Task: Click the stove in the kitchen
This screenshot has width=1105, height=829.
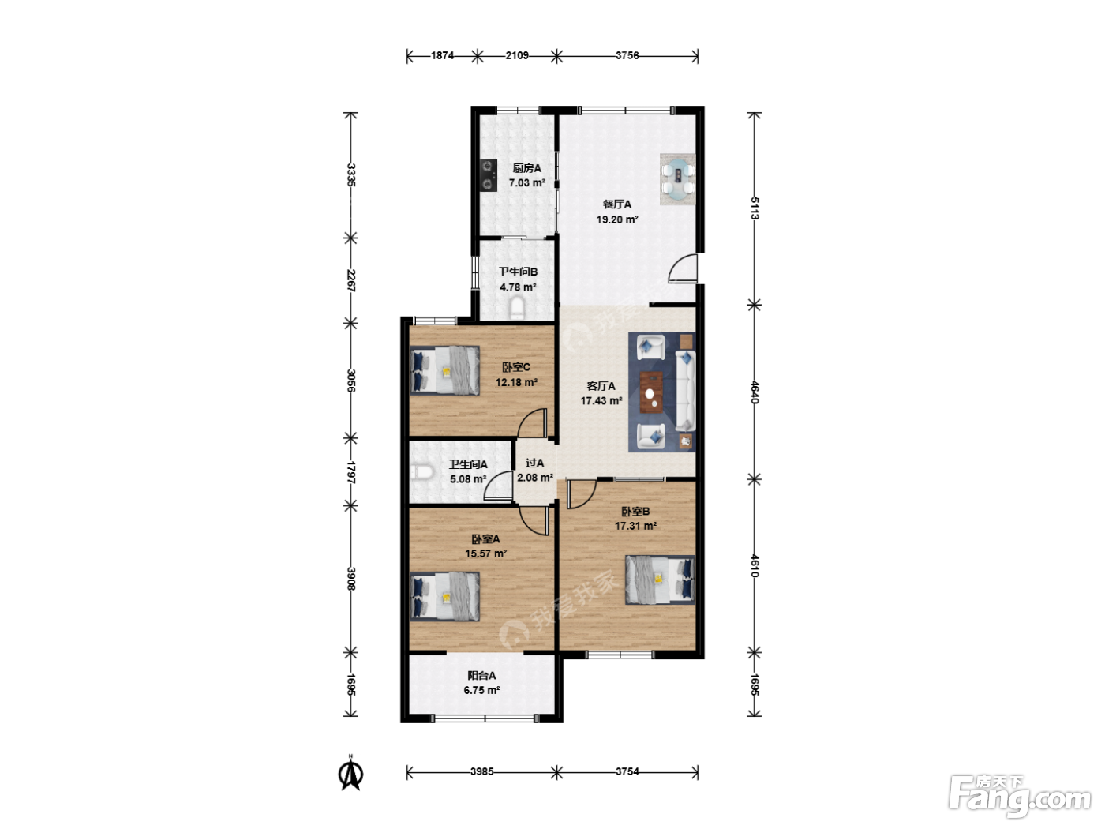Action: (488, 175)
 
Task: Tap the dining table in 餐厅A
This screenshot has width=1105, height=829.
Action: (677, 179)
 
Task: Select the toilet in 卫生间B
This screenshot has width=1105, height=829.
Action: (517, 308)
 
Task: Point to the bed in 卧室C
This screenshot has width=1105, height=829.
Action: (444, 370)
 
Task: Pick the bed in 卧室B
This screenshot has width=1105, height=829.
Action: (660, 580)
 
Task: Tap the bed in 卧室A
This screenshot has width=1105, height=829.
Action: (444, 596)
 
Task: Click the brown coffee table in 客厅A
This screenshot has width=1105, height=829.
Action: (651, 392)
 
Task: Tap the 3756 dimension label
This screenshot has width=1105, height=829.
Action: (627, 56)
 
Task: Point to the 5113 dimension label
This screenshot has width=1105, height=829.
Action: (754, 208)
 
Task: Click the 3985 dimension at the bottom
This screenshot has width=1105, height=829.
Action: (481, 771)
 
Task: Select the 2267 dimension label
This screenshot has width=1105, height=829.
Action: (351, 280)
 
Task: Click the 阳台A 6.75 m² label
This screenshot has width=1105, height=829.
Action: (481, 682)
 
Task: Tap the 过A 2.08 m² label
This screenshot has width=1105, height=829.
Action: (535, 470)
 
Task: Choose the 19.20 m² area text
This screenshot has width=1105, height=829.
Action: (617, 219)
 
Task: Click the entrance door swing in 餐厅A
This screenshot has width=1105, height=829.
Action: (684, 268)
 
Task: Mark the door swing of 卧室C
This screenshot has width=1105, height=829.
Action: (532, 423)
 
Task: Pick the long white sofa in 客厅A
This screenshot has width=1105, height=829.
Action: (685, 391)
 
